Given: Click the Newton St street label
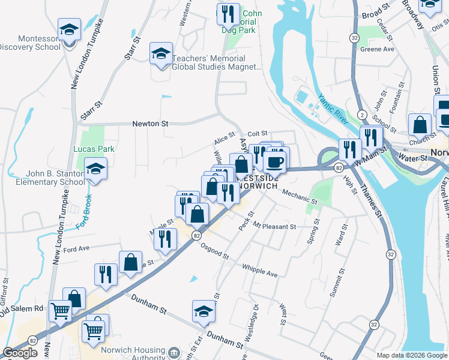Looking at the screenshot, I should (150, 123).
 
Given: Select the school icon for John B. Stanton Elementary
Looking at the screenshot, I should (95, 169).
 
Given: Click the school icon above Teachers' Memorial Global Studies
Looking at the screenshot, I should (161, 53).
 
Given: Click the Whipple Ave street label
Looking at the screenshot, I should (260, 270).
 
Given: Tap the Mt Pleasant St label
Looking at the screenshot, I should (274, 227).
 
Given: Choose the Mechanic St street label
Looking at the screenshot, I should (298, 196).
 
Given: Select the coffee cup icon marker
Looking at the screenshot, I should (275, 161).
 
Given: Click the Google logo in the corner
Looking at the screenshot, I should (20, 352).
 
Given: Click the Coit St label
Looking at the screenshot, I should (256, 134).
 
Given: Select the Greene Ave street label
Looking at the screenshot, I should (377, 49).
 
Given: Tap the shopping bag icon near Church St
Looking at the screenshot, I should (420, 125).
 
